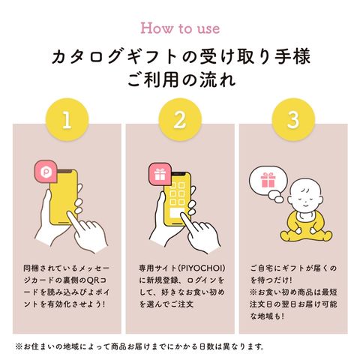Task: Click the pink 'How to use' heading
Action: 180,28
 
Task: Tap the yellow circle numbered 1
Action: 67,120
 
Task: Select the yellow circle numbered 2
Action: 180,120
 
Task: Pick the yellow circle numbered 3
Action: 293,120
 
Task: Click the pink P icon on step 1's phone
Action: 46,172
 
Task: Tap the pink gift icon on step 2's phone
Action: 160,175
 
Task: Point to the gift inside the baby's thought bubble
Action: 268,180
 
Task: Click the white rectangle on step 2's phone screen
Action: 177,212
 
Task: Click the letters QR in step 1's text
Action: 92,280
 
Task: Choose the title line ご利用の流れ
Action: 181,79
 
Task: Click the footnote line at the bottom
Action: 139,346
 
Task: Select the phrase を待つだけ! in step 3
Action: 271,280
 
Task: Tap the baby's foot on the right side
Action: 324,235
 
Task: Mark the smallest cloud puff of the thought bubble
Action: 277,199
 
